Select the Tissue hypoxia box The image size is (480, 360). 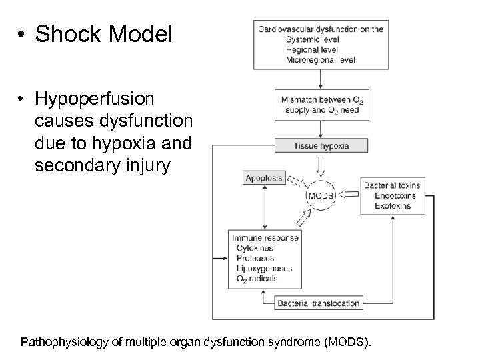coord(322,145)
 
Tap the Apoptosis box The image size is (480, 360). coord(264,178)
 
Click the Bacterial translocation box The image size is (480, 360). coord(319,303)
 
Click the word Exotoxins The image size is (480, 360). coord(392,206)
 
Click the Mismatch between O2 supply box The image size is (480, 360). coord(321,104)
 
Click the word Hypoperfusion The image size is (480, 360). coord(95,99)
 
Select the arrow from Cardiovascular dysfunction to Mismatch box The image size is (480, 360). coord(321,79)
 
